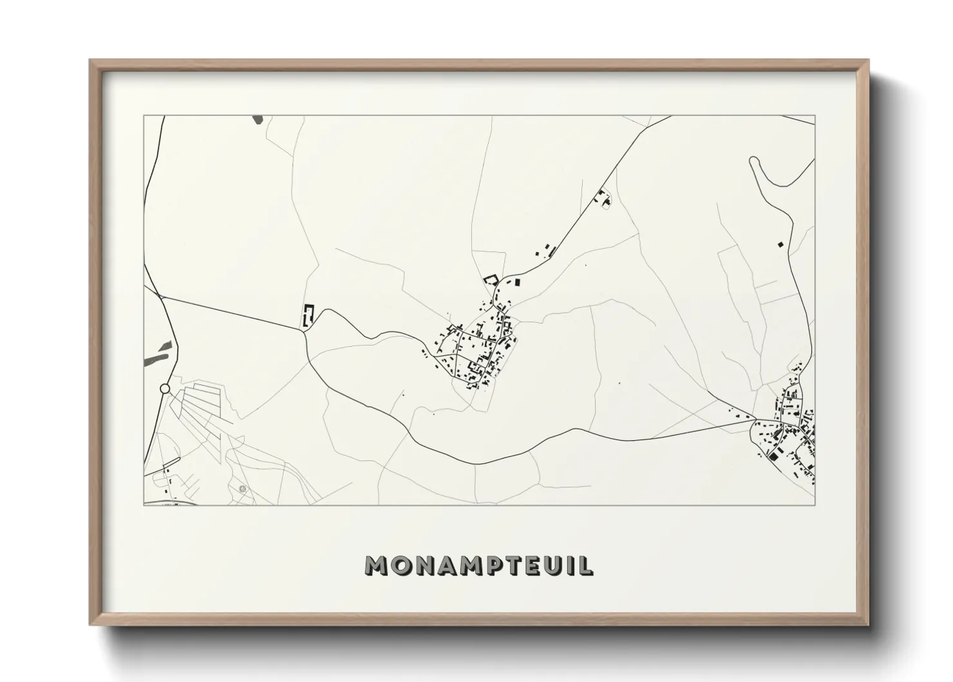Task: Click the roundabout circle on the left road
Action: click(165, 389)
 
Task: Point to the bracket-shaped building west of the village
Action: click(308, 315)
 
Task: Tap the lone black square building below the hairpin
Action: click(780, 244)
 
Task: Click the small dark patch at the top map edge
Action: click(258, 120)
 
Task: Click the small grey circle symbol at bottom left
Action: click(243, 489)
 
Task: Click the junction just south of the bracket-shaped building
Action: click(304, 330)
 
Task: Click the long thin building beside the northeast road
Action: click(552, 252)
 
